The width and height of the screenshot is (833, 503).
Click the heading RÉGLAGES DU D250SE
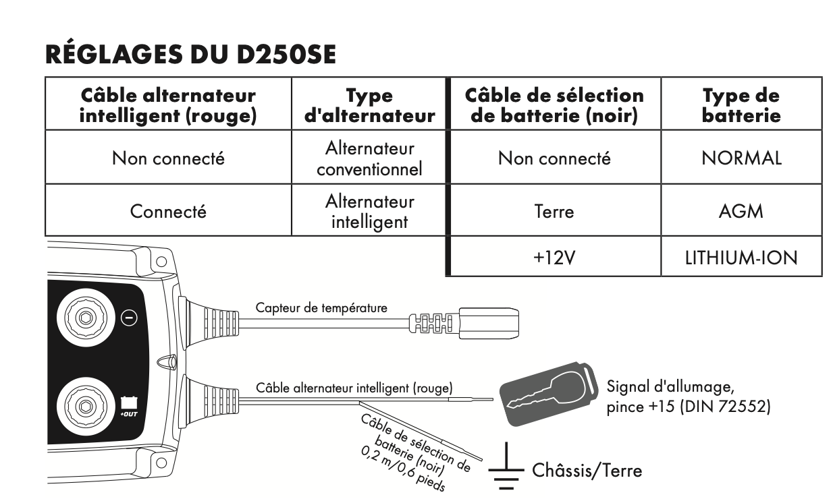tap(190, 55)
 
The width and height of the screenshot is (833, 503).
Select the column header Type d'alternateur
tap(369, 106)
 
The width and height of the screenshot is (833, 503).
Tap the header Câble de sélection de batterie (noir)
tap(554, 106)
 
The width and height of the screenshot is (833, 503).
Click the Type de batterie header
tap(741, 106)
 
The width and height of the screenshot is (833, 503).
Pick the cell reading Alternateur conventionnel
tap(369, 158)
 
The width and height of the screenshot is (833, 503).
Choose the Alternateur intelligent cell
tap(369, 211)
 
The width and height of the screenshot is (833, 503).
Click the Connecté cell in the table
tap(169, 211)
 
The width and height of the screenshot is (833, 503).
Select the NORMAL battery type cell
tap(741, 158)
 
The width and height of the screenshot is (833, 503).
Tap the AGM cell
tap(741, 211)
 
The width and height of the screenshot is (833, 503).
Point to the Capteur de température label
tap(321, 309)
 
